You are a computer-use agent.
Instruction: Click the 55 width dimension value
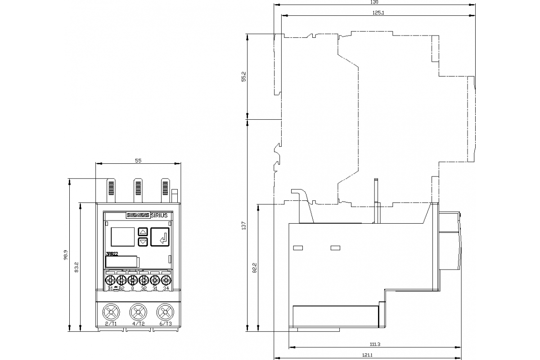(138, 161)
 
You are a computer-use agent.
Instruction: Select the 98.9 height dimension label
(66, 255)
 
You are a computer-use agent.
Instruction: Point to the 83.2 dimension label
(77, 267)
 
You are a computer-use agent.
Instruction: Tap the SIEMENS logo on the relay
(137, 215)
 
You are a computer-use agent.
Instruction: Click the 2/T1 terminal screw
(111, 311)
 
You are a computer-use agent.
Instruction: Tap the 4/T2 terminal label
(138, 324)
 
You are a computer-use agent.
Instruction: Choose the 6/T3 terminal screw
(165, 311)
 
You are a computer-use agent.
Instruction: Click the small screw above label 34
(165, 280)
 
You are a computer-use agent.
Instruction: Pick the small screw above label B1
(110, 280)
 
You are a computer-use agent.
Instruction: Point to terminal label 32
(144, 288)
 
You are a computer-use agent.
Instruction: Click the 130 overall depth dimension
(374, 2)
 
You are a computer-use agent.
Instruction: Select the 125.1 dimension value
(378, 13)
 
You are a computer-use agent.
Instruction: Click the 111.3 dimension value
(375, 344)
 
